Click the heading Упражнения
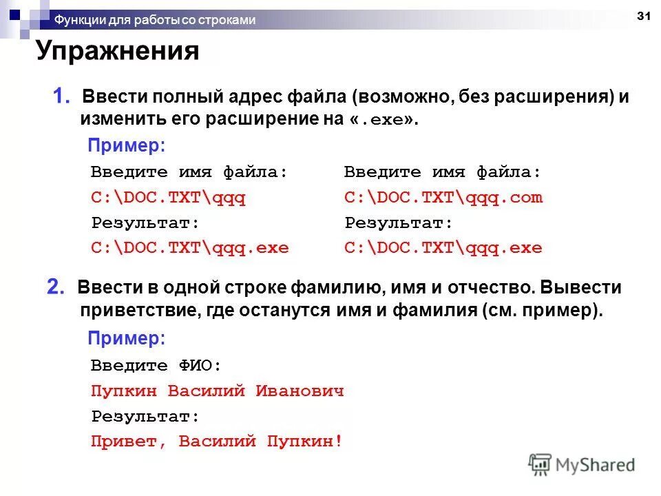[x=118, y=52]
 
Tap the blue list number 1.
[x=61, y=96]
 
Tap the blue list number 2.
[x=56, y=287]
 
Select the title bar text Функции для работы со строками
[x=155, y=20]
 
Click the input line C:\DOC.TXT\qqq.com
[x=443, y=198]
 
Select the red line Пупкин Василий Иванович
[x=217, y=391]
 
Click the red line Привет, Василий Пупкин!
[x=217, y=441]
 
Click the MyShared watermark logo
[x=582, y=464]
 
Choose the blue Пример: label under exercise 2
[x=127, y=338]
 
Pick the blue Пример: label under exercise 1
[x=127, y=146]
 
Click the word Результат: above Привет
[x=145, y=416]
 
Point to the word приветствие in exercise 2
[x=138, y=310]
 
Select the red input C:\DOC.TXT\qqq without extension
[x=168, y=198]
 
